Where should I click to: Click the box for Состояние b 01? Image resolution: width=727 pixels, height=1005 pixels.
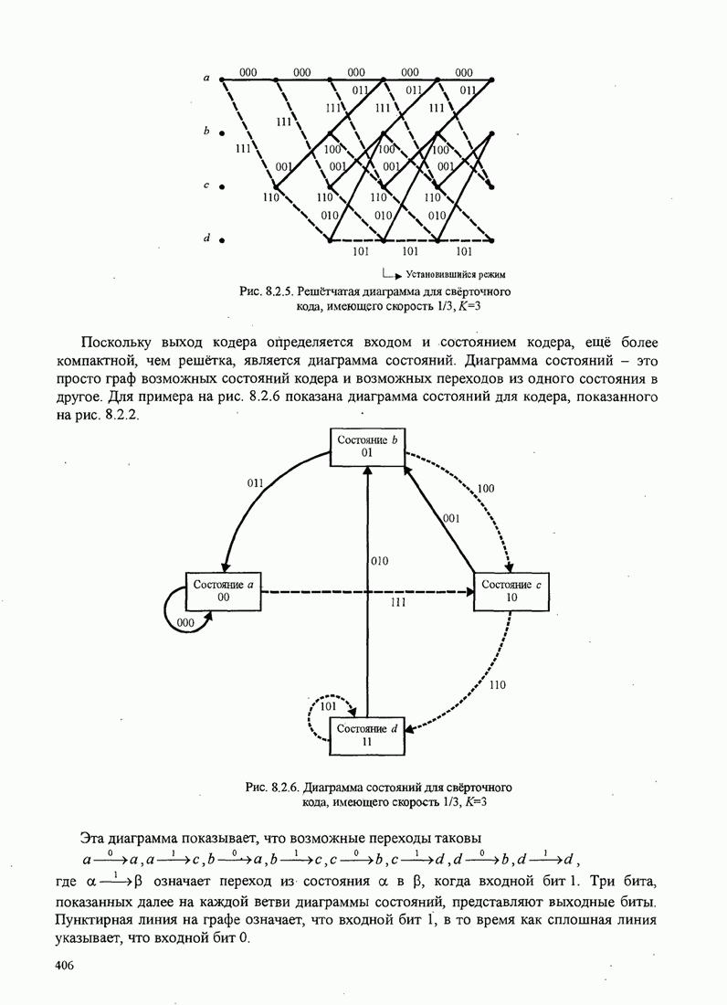click(367, 447)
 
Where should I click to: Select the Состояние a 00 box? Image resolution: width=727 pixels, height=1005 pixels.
click(223, 590)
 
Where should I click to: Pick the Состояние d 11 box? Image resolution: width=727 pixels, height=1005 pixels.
click(367, 735)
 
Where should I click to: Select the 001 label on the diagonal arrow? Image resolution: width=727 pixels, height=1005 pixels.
click(450, 518)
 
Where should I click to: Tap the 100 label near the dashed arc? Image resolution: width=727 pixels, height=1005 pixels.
click(486, 489)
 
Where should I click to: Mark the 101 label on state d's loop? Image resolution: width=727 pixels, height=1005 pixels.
click(329, 706)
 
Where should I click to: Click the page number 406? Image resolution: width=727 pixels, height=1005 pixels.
click(64, 966)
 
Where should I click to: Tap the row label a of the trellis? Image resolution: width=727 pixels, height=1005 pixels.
click(207, 79)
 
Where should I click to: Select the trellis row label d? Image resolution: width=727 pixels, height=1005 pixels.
click(207, 238)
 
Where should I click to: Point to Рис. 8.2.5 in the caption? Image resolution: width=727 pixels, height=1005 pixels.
click(263, 291)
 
